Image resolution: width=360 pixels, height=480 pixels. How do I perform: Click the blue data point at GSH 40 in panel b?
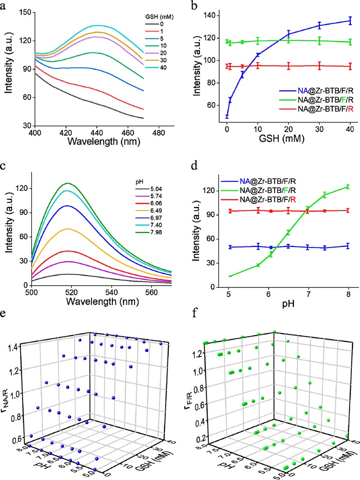[x=350, y=20]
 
